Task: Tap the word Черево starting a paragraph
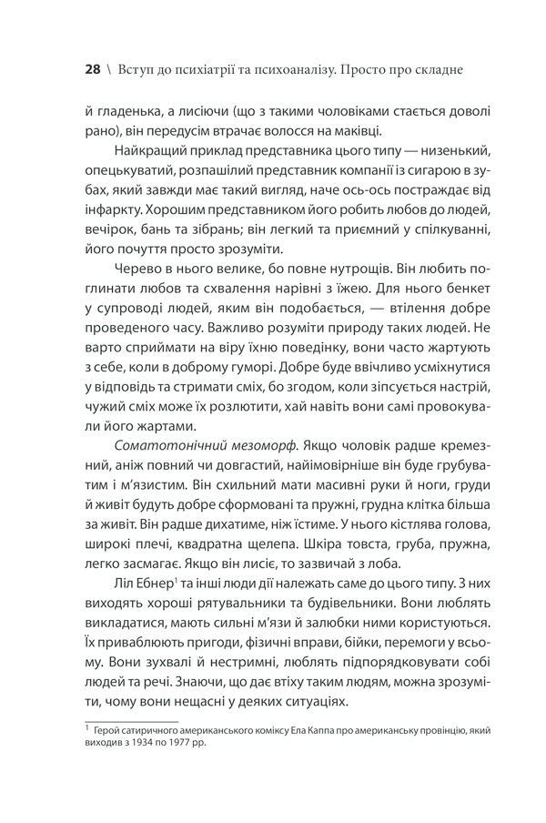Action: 137,269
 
